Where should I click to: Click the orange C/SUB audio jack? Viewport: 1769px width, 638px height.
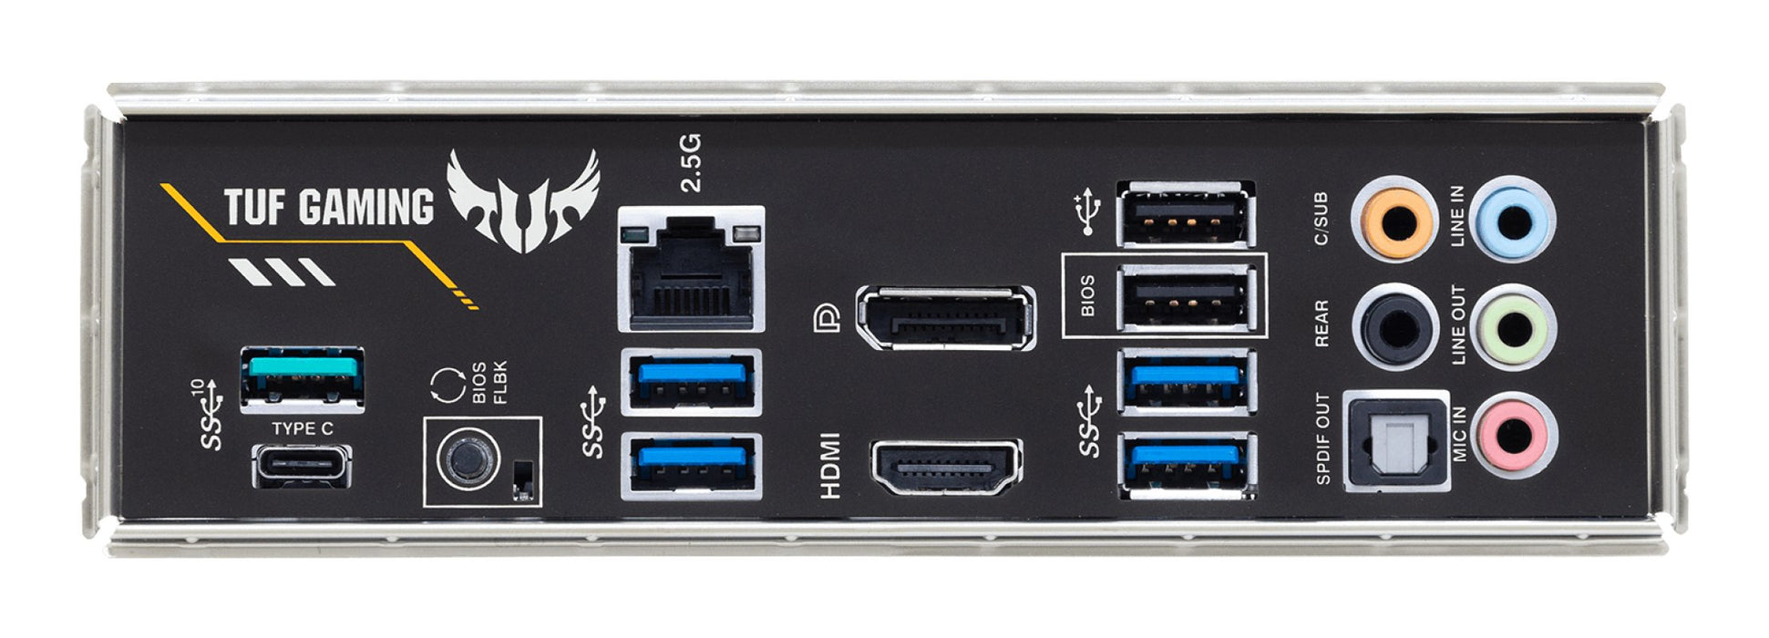click(1394, 220)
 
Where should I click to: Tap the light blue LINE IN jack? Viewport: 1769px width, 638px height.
click(1513, 220)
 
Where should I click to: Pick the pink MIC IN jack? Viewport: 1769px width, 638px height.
click(1513, 435)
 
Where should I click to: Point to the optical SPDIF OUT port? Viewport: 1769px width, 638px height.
click(1397, 441)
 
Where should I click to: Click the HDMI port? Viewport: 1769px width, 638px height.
click(946, 468)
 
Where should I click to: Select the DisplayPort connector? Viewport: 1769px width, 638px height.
click(945, 318)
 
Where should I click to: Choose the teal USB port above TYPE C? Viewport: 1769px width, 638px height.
click(302, 376)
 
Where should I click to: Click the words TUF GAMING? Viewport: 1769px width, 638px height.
click(328, 206)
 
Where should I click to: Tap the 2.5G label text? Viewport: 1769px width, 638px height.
click(692, 163)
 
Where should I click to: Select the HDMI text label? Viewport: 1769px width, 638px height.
click(830, 466)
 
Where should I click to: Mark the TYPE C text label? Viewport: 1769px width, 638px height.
click(302, 428)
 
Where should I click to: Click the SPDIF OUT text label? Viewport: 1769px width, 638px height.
click(1323, 438)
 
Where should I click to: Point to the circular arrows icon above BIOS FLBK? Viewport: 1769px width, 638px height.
click(447, 385)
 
